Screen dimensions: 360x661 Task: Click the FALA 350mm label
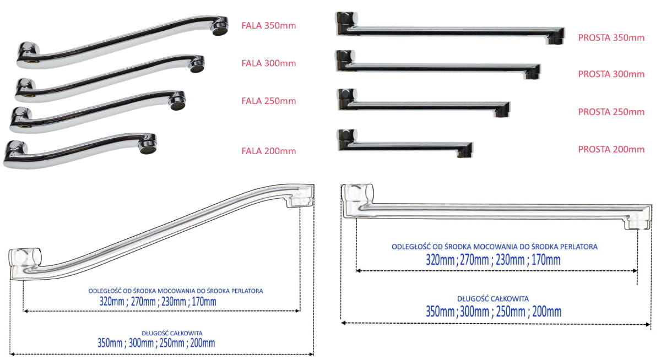click(x=268, y=25)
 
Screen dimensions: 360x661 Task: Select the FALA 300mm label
click(x=268, y=63)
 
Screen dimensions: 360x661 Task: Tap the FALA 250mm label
click(x=268, y=101)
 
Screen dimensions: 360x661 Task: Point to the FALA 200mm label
click(x=268, y=151)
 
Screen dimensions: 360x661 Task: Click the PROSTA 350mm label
click(x=611, y=37)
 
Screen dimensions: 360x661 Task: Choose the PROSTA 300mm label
click(x=611, y=74)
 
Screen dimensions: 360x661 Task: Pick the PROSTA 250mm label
click(x=611, y=112)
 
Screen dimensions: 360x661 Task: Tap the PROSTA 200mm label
click(x=611, y=149)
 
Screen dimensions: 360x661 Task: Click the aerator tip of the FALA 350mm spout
click(x=219, y=25)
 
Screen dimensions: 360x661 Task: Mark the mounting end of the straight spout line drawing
click(x=357, y=199)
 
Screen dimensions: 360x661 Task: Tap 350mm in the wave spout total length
click(x=110, y=343)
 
